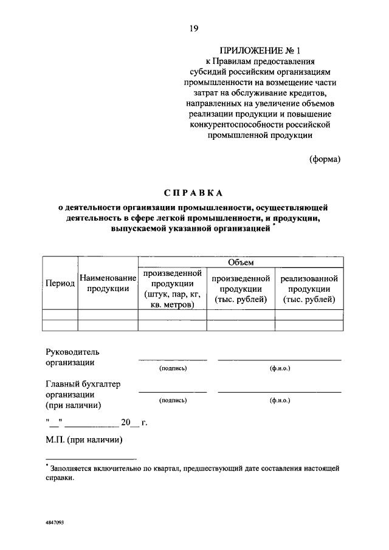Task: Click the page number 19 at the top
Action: [193, 27]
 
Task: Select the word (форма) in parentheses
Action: [325, 159]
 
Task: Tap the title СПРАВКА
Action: [194, 193]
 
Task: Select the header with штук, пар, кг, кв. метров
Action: [173, 289]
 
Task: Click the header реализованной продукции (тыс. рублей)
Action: [309, 289]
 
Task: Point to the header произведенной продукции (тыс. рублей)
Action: [241, 289]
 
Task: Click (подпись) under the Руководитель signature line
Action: [173, 369]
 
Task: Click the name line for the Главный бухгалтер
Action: [280, 392]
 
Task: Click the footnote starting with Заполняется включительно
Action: [192, 473]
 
